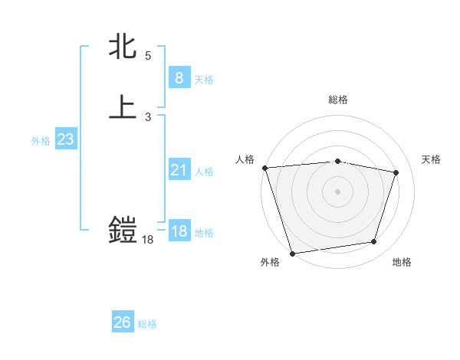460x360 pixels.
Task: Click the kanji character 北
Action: (x=123, y=47)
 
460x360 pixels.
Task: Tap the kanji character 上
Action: (x=123, y=107)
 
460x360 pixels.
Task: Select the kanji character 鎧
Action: (x=123, y=230)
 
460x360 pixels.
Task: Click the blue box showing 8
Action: (x=179, y=77)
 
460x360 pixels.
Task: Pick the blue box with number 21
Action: (x=179, y=171)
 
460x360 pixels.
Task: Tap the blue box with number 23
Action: (x=65, y=139)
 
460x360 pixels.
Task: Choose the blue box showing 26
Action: (x=122, y=322)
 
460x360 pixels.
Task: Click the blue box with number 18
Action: (x=179, y=232)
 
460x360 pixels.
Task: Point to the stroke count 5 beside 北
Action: (x=148, y=56)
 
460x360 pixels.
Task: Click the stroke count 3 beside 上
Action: (x=148, y=117)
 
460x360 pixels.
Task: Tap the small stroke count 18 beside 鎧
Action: (x=148, y=240)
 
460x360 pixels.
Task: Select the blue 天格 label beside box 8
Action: (x=204, y=80)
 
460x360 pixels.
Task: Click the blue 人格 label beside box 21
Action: (x=204, y=172)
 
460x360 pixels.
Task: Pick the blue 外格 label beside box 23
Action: (x=41, y=141)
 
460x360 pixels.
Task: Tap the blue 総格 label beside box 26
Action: (x=147, y=324)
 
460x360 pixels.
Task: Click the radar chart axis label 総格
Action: (x=337, y=100)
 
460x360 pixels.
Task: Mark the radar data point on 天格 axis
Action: (x=396, y=172)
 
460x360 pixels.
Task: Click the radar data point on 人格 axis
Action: (x=264, y=168)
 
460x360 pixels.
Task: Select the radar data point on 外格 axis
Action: (x=292, y=253)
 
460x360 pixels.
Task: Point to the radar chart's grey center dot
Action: (x=337, y=191)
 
